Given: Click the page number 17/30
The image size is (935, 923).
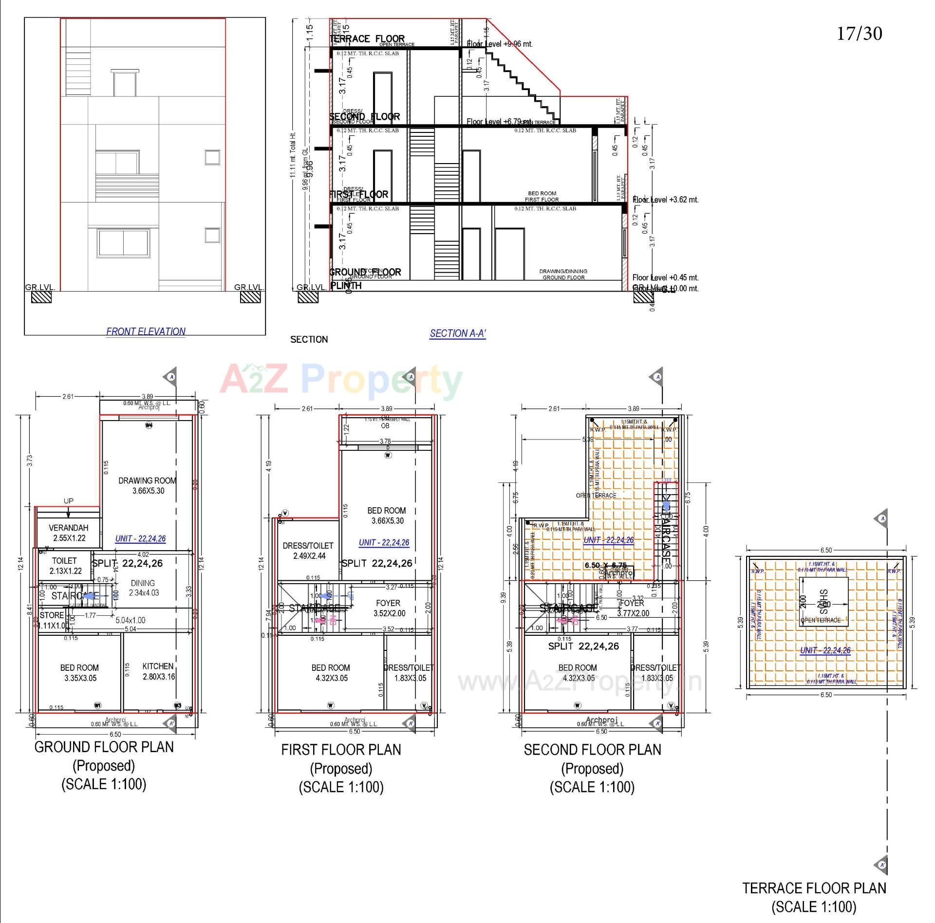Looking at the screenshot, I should tap(859, 34).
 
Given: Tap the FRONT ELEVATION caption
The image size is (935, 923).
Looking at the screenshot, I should tap(146, 332).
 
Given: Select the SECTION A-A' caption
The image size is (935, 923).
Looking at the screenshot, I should tap(457, 333).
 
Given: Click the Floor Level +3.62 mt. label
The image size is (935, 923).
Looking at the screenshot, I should tap(665, 200).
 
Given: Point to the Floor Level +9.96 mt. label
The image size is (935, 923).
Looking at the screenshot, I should tap(500, 44).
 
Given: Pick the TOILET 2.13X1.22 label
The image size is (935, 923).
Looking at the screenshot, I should tap(65, 566).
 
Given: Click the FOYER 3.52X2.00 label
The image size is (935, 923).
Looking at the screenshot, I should tap(389, 608).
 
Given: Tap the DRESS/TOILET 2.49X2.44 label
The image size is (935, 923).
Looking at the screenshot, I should tap(308, 551).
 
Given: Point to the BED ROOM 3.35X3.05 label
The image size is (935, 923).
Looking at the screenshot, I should tap(80, 672).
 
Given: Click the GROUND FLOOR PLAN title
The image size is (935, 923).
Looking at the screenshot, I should tap(104, 747).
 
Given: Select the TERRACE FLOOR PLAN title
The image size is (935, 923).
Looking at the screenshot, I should tap(814, 888).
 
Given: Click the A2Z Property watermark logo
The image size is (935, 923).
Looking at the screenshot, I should tap(341, 380).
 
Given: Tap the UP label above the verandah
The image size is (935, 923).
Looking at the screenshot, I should tap(69, 501).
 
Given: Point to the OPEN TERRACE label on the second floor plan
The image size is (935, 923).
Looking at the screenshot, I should tap(596, 496).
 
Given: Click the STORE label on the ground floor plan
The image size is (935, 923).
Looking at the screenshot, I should tap(52, 615).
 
